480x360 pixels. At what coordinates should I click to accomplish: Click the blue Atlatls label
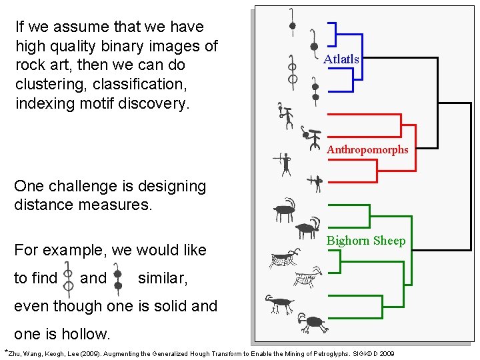click(x=341, y=59)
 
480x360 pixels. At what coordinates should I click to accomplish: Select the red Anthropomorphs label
click(x=367, y=149)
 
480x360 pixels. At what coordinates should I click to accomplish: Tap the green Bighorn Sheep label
click(x=366, y=241)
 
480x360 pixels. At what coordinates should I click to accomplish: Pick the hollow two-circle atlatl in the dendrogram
click(x=292, y=73)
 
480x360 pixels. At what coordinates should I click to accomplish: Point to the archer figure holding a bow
click(x=285, y=162)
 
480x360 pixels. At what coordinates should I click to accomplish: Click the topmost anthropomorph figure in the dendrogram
click(x=286, y=115)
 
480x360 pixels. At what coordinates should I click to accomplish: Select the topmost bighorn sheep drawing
click(x=285, y=211)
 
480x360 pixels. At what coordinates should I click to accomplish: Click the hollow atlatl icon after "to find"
click(x=68, y=279)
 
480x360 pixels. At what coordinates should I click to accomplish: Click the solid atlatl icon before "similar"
click(x=118, y=279)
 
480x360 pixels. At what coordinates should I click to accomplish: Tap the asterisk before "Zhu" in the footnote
click(x=7, y=351)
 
